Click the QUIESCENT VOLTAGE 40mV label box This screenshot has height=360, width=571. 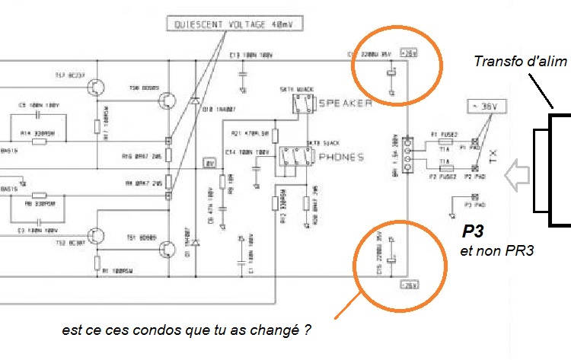(x=233, y=25)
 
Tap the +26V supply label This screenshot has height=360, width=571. (x=410, y=54)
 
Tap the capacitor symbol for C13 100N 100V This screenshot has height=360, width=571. (x=243, y=72)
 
